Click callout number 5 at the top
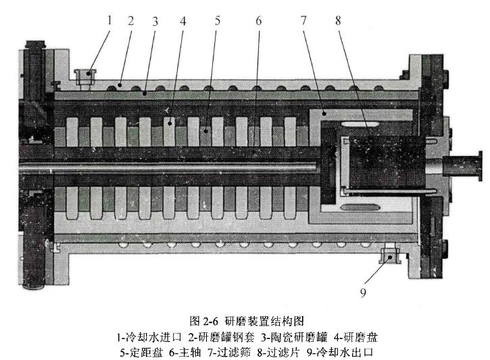[217, 20]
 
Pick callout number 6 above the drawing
[258, 20]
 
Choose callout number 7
[303, 20]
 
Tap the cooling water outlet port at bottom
[390, 255]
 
